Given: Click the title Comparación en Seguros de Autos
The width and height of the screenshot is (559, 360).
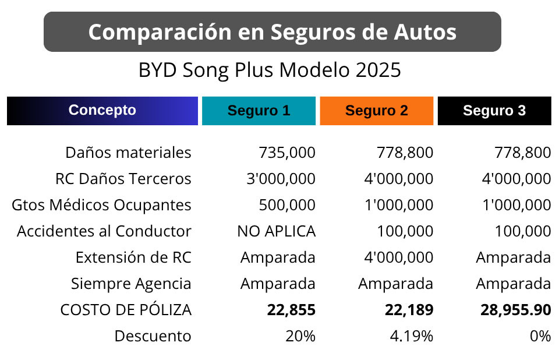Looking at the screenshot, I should pos(272,32).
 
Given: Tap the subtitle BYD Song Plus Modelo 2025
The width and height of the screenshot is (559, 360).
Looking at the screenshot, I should pos(270,70).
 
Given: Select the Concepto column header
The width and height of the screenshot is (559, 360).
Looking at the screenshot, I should pos(102,110).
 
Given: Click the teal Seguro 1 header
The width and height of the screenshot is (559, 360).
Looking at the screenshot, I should pos(259,111).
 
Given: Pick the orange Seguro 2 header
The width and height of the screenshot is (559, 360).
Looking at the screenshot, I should pos(377,111).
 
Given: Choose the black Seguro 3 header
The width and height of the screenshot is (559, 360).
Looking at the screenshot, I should pos(494,111).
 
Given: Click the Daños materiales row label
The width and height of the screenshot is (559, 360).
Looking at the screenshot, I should pos(128,153).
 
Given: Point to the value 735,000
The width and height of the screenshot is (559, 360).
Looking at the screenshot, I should pos(287,153).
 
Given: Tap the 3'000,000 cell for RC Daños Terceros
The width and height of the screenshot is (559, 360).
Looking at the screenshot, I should pos(281,179).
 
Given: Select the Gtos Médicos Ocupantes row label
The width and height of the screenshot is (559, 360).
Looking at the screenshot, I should pos(101,205).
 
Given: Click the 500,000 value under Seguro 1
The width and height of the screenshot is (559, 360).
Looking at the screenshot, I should pos(287,205).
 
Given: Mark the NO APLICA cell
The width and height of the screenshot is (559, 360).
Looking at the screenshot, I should pos(276,231).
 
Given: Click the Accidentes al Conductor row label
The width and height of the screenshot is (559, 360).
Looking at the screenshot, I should pos(104,231).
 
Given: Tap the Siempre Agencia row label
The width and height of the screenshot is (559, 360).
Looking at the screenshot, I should pos(131,284).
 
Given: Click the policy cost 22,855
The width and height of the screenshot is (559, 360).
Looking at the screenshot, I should pos(291,310).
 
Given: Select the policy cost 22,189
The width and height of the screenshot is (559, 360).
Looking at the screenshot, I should pos(409,310).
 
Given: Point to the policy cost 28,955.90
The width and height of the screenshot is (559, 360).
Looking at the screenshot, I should pos(516,310).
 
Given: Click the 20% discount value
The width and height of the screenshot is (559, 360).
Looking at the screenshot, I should pos(300,336).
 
